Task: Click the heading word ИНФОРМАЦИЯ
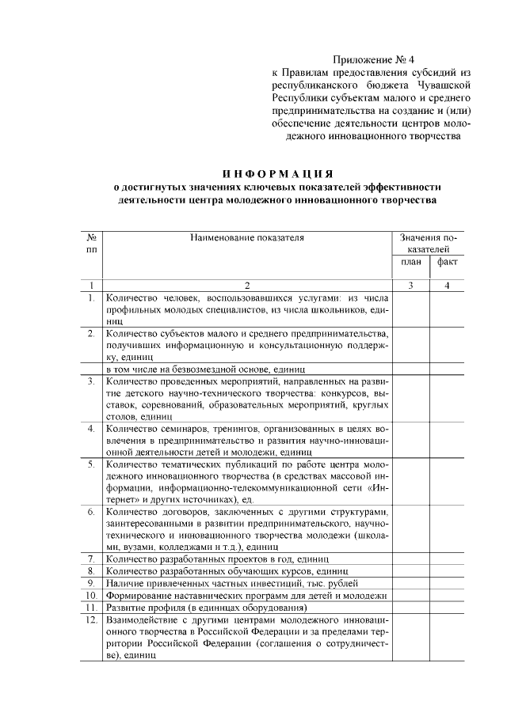277,173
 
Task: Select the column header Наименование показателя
246,237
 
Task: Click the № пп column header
92,243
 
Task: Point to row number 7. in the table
92,559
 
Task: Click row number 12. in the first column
92,618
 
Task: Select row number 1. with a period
92,298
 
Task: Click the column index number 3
411,286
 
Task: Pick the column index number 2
246,286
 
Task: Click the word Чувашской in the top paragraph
446,83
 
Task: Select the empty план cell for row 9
411,583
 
